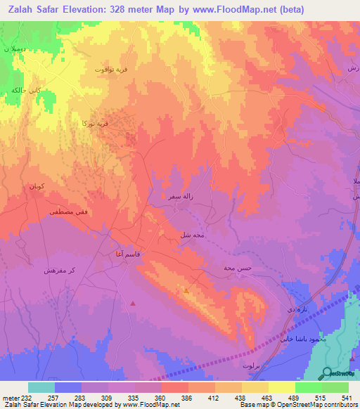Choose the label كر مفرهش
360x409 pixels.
(59, 271)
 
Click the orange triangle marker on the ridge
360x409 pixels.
(186, 290)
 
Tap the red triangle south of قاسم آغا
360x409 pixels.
(133, 304)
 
